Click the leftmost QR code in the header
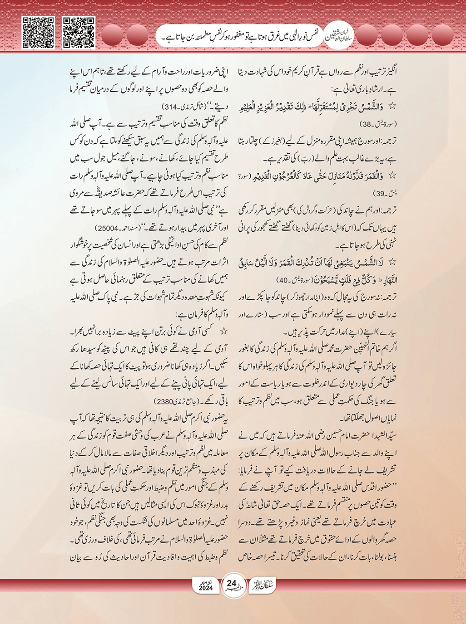[x=38, y=33]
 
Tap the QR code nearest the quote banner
[x=78, y=33]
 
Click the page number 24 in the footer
[x=232, y=584]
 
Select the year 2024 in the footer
[x=206, y=588]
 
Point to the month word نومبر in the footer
[x=206, y=581]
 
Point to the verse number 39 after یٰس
[x=379, y=193]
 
